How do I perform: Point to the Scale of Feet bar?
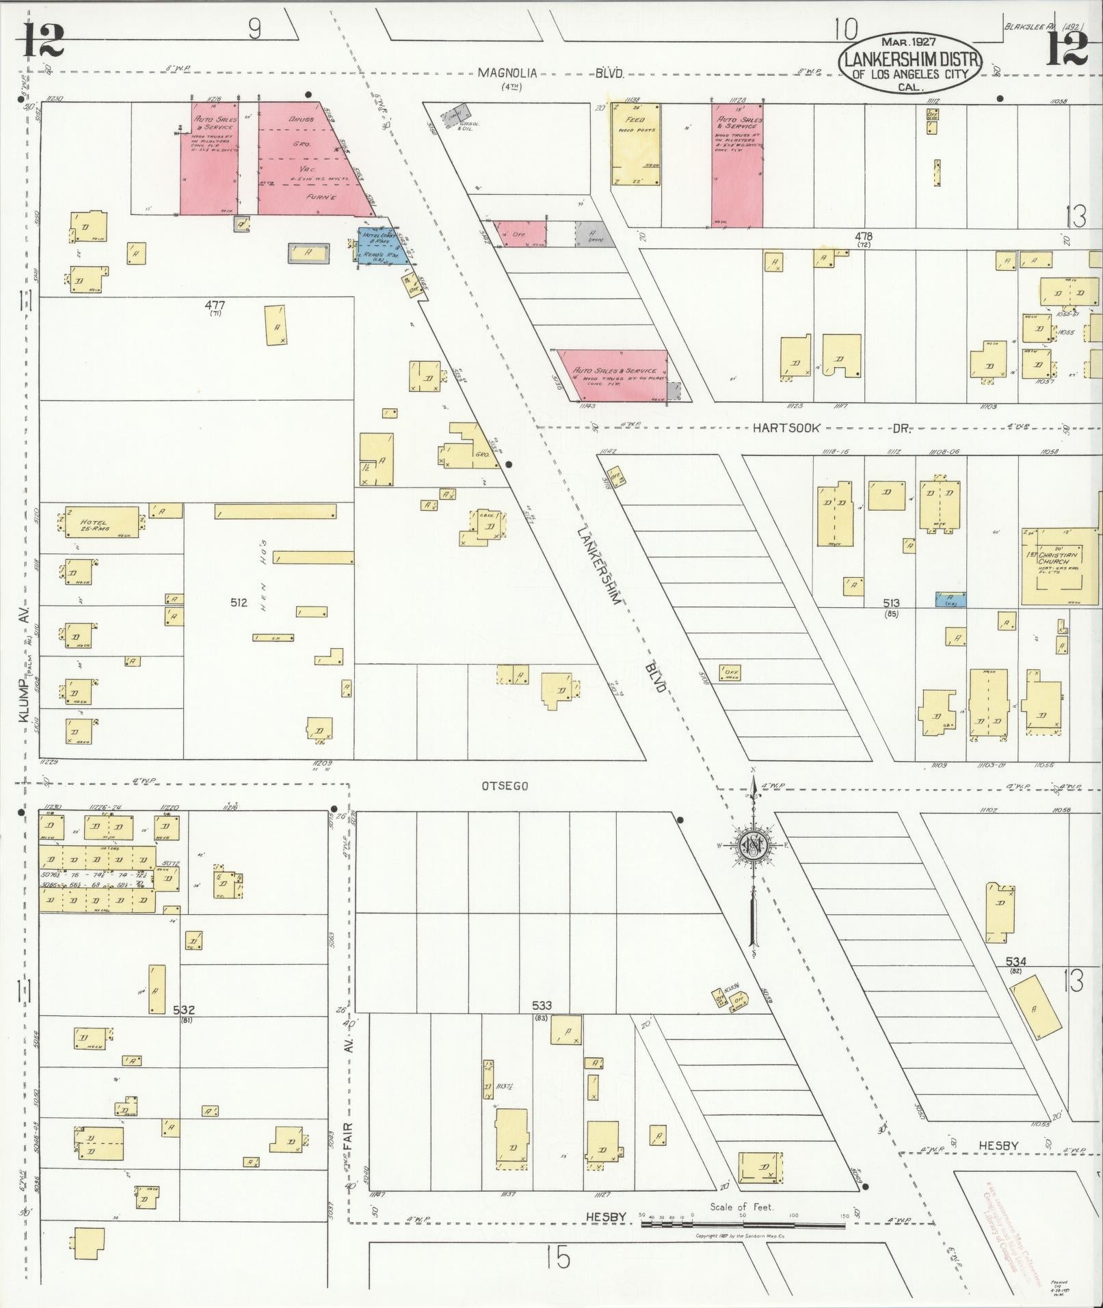tap(743, 1224)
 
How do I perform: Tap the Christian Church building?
tap(1059, 565)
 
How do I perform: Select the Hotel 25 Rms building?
tap(102, 522)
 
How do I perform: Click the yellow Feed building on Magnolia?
tap(636, 144)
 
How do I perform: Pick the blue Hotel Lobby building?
tap(380, 245)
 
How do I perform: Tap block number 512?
tap(239, 602)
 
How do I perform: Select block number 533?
tap(542, 1005)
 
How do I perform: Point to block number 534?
tap(1015, 961)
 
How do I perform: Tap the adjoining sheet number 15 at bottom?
tap(559, 1257)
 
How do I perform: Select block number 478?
tap(862, 237)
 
